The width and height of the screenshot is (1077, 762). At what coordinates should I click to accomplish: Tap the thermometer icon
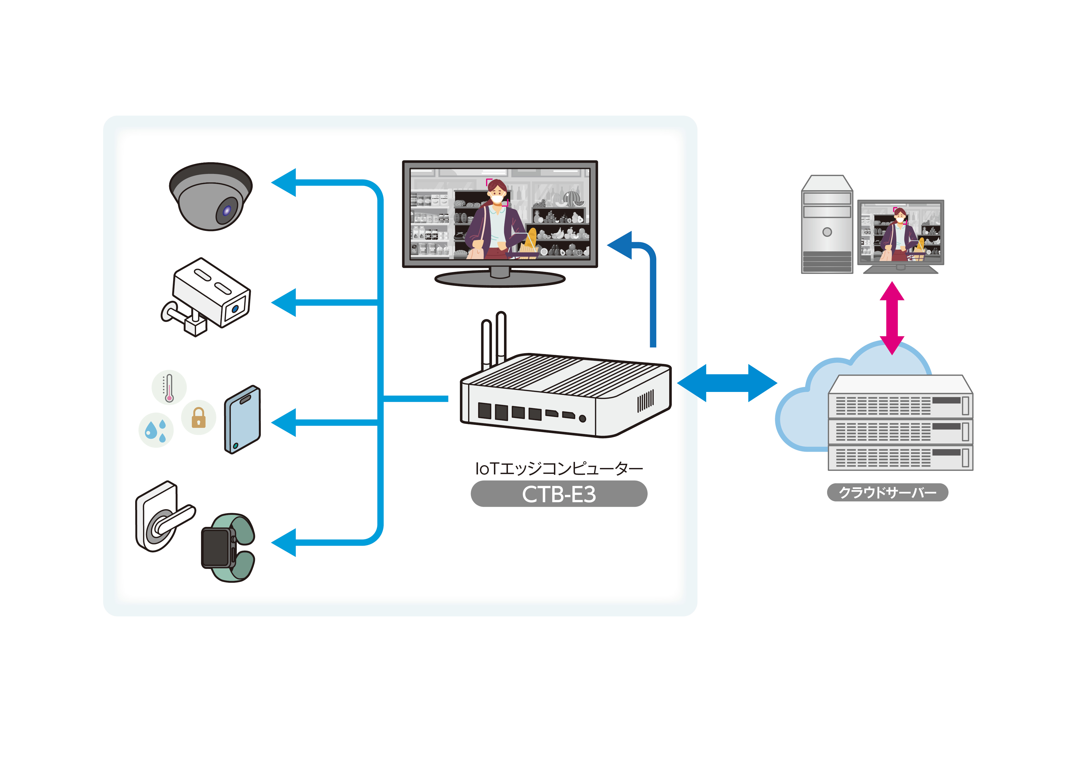tap(169, 387)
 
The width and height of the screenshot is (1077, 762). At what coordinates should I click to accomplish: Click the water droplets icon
tap(156, 430)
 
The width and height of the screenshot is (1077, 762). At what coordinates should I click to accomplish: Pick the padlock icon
tap(198, 417)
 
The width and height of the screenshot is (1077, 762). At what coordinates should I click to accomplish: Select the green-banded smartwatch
tap(228, 548)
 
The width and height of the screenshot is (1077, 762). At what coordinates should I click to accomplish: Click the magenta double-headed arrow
tap(892, 318)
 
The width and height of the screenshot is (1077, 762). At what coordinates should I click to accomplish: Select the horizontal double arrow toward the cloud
tap(727, 383)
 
